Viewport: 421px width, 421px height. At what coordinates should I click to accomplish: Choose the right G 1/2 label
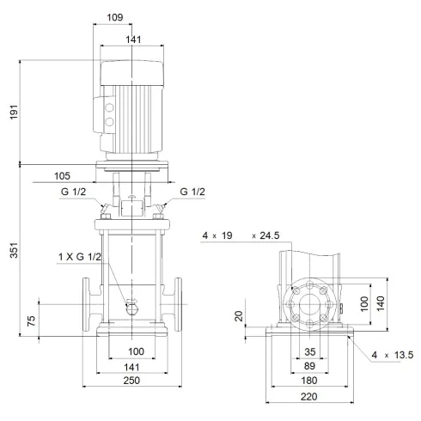tap(194, 191)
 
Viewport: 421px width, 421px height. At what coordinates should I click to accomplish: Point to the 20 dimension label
tap(241, 315)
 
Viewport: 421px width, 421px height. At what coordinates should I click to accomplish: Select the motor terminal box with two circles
tap(109, 121)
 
